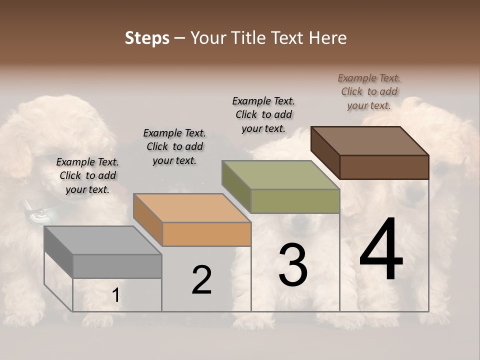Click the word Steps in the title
(146, 38)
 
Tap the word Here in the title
(328, 38)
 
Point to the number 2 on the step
(201, 280)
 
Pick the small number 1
(115, 295)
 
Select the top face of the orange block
(192, 208)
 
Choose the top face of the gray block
(103, 240)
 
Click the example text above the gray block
(87, 175)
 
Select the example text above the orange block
(174, 146)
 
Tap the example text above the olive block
(263, 114)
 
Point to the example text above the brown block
(369, 91)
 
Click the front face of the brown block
(384, 167)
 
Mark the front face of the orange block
(206, 234)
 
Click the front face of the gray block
(117, 266)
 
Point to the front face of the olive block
(295, 201)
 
